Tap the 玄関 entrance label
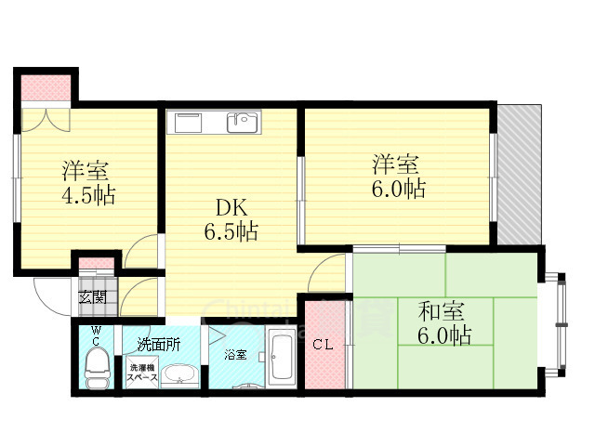[x=91, y=297]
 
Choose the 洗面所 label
[x=159, y=343]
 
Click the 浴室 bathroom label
[x=235, y=354]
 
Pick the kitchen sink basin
[x=245, y=121]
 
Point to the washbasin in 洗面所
[x=178, y=375]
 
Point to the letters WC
[x=95, y=337]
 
